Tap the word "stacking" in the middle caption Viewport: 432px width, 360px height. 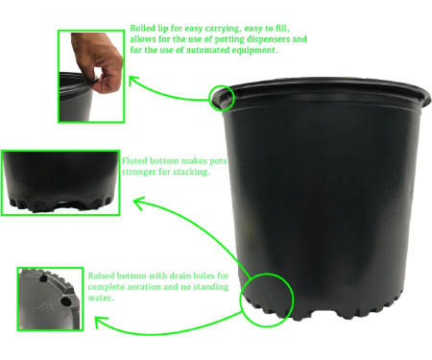pos(191,172)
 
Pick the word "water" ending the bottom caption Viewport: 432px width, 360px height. pos(100,298)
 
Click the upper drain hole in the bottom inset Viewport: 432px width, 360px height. pos(43,278)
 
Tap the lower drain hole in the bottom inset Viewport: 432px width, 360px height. pos(65,301)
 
